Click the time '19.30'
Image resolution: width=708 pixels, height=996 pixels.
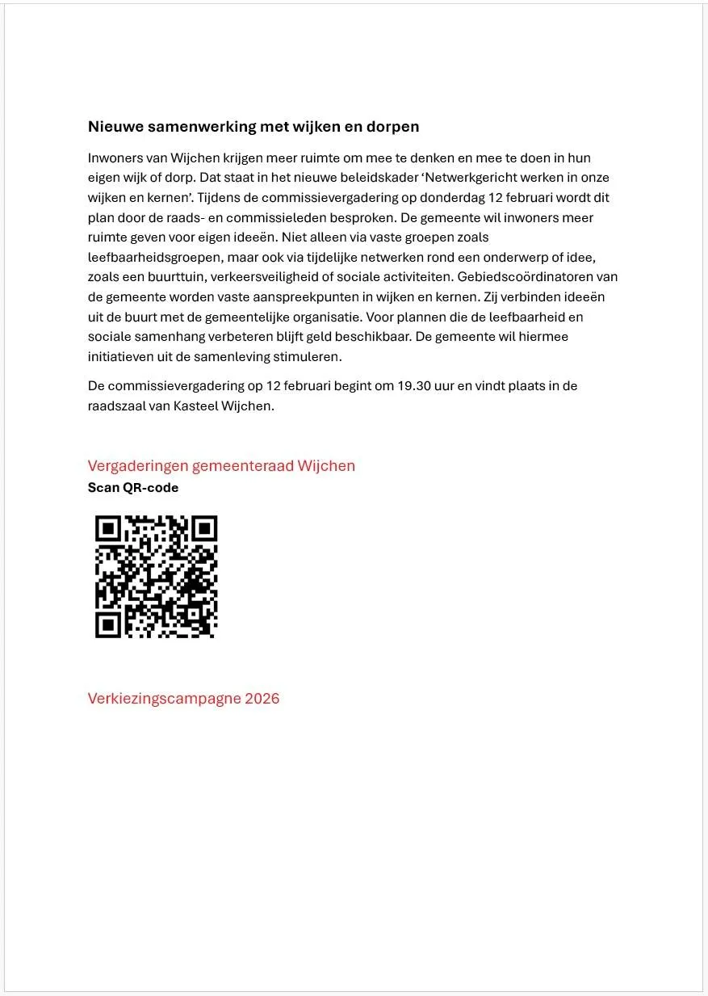click(x=416, y=386)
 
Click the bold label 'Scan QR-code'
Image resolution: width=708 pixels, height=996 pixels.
click(x=133, y=488)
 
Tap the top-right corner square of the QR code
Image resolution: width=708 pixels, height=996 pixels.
click(x=203, y=529)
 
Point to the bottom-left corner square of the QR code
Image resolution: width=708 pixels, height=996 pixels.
click(x=109, y=624)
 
